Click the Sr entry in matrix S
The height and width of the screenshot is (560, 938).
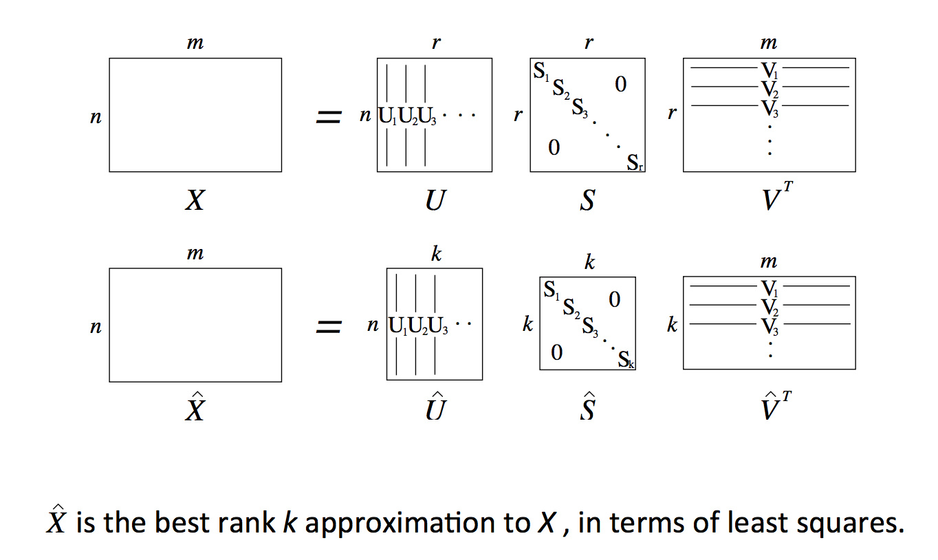pyautogui.click(x=635, y=162)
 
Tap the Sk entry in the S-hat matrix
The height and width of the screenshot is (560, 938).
pyautogui.click(x=626, y=360)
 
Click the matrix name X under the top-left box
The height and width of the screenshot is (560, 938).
pyautogui.click(x=195, y=200)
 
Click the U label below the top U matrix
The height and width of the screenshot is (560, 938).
pyautogui.click(x=434, y=200)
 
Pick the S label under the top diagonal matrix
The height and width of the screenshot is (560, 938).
pyautogui.click(x=587, y=200)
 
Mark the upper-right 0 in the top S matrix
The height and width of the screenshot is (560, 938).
pyautogui.click(x=620, y=85)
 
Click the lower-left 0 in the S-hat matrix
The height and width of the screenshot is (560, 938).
pyautogui.click(x=556, y=353)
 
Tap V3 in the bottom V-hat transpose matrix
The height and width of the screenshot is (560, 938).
pyautogui.click(x=769, y=324)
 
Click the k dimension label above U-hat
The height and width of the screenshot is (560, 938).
pyautogui.click(x=435, y=254)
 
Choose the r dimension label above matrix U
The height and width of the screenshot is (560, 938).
pyautogui.click(x=435, y=43)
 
